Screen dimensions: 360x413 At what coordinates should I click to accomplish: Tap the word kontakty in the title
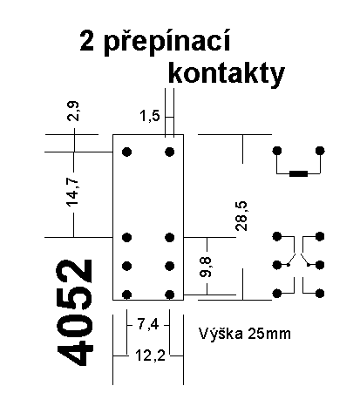click(227, 74)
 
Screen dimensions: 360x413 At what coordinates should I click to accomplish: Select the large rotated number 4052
click(75, 313)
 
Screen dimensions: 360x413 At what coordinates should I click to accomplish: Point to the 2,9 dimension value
click(72, 111)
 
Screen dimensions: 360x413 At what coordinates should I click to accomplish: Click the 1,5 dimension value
click(150, 116)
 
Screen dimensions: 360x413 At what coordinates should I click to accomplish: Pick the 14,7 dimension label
click(72, 193)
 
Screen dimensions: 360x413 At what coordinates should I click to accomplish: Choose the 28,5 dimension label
click(241, 216)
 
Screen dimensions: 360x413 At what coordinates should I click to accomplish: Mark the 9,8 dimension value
click(206, 267)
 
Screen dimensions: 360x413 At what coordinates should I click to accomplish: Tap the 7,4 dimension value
click(148, 324)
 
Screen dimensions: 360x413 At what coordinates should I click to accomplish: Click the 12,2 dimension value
click(151, 355)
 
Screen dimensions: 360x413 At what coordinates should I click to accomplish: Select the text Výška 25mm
click(245, 334)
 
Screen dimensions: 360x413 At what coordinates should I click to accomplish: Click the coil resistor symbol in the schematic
click(298, 173)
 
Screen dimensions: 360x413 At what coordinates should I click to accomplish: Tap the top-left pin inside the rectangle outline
click(126, 152)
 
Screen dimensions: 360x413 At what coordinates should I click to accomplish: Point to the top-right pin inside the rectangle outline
click(170, 152)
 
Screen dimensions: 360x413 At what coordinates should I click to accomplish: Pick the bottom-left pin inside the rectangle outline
click(126, 295)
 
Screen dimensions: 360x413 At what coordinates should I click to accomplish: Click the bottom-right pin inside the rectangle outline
click(170, 295)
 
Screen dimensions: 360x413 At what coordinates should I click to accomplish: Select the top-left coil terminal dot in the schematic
click(277, 151)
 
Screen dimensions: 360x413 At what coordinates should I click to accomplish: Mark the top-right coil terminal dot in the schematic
click(320, 151)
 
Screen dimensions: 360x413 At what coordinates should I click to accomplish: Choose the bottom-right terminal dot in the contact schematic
click(320, 294)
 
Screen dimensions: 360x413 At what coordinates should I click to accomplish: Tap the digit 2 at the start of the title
click(87, 41)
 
